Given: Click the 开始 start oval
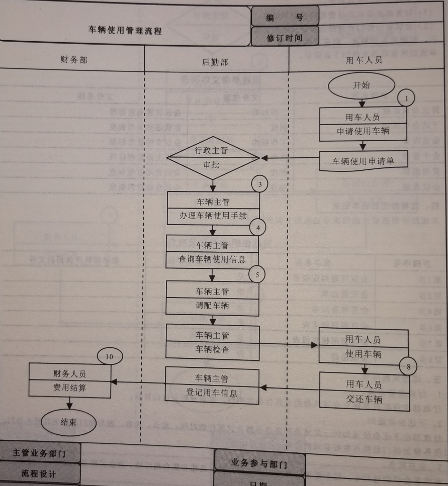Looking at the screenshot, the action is click(x=362, y=85).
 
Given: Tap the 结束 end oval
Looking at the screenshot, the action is click(x=69, y=423).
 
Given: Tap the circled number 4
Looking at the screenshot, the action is click(x=257, y=227).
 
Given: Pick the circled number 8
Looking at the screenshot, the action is click(x=409, y=367).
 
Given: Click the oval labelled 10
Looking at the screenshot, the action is click(x=110, y=356).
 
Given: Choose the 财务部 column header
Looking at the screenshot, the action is click(x=73, y=60).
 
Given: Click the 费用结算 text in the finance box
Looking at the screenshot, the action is click(x=70, y=388).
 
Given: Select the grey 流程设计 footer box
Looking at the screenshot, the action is click(x=38, y=474).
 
